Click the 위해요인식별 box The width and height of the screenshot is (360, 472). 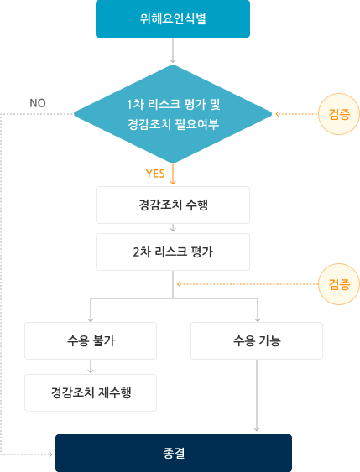tap(173, 18)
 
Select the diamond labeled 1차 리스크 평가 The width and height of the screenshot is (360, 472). tap(173, 114)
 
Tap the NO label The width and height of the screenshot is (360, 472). tap(38, 103)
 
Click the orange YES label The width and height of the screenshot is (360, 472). tap(155, 174)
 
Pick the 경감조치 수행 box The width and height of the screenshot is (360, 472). tap(173, 205)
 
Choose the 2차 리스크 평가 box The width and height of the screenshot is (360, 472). tap(173, 252)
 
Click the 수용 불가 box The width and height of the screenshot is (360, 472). tap(91, 340)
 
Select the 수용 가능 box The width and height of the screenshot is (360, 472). tap(257, 340)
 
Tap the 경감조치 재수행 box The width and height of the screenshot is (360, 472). tap(91, 393)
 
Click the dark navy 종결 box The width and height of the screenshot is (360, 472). tap(174, 453)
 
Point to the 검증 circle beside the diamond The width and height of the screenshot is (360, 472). tap(339, 114)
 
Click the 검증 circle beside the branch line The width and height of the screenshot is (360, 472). tap(339, 284)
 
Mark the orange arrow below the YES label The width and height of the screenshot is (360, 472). tap(173, 174)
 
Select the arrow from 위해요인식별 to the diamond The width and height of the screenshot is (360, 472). tap(173, 50)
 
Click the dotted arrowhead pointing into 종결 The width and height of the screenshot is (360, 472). tap(50, 454)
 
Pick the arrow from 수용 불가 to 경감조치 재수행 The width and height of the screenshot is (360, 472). tap(91, 366)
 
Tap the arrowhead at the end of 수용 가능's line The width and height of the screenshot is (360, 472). tap(257, 428)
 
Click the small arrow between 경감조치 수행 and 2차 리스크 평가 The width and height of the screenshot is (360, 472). tap(173, 227)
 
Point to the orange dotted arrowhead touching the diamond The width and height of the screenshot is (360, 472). tap(278, 114)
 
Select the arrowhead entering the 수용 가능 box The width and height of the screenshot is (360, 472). tap(258, 319)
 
